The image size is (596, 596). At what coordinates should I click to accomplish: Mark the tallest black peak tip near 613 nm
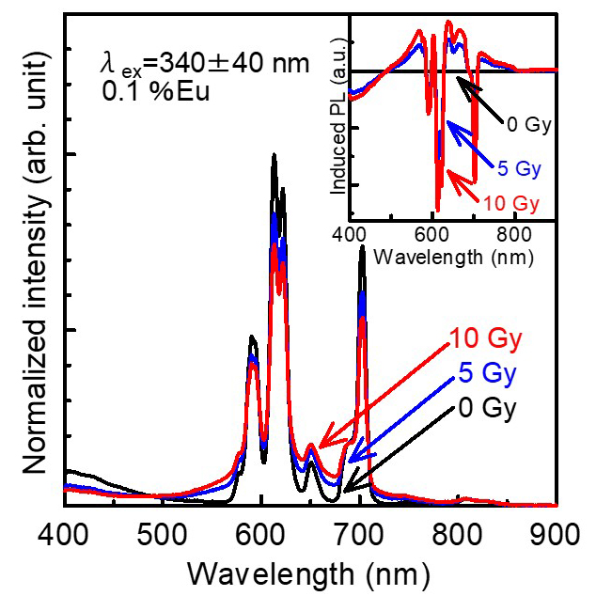pyautogui.click(x=274, y=156)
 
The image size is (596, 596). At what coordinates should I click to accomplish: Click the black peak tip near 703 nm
pyautogui.click(x=362, y=248)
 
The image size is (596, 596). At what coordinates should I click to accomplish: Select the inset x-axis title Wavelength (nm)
pyautogui.click(x=452, y=254)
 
